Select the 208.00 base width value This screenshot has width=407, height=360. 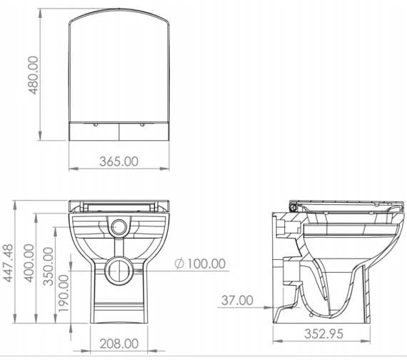click(120, 344)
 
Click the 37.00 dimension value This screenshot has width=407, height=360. click(238, 300)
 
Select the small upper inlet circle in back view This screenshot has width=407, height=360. click(119, 228)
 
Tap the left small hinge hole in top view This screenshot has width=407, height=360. click(96, 124)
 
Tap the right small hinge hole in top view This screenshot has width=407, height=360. click(142, 124)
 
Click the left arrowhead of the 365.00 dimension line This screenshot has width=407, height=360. click(72, 169)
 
